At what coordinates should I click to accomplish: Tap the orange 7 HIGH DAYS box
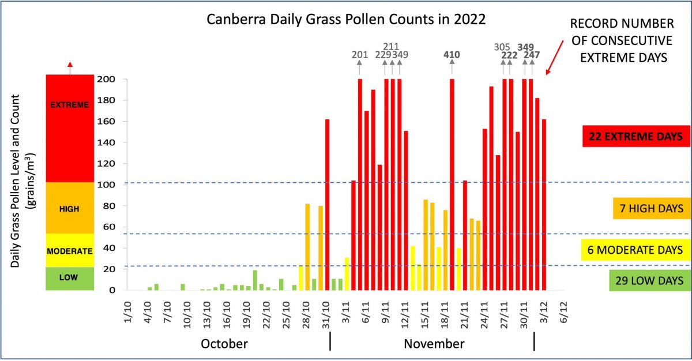click(649, 208)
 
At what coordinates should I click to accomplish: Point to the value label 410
click(452, 55)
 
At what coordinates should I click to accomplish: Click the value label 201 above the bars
click(360, 55)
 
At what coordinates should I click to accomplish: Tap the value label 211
click(391, 46)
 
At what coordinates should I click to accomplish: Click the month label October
click(224, 344)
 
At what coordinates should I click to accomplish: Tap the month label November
click(434, 344)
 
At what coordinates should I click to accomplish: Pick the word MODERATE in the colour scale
click(70, 251)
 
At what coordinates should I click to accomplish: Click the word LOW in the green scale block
click(70, 278)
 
